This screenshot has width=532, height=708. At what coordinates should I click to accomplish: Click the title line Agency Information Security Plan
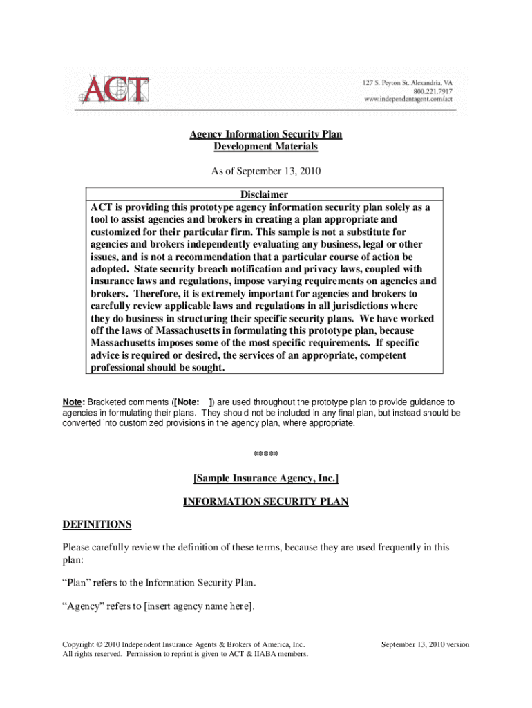coord(266,134)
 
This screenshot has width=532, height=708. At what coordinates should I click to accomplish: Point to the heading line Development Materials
coord(266,147)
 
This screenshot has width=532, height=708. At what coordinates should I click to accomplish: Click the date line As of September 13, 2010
coord(266,170)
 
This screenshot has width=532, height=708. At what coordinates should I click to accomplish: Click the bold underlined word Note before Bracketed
coord(73,402)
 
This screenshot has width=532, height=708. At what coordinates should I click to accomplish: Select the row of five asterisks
coord(266,454)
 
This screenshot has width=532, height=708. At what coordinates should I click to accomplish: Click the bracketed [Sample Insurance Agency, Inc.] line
coord(266,478)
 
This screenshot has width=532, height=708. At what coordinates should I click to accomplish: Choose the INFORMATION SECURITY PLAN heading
coord(266,502)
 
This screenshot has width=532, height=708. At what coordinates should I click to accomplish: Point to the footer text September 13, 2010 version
coord(425,644)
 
